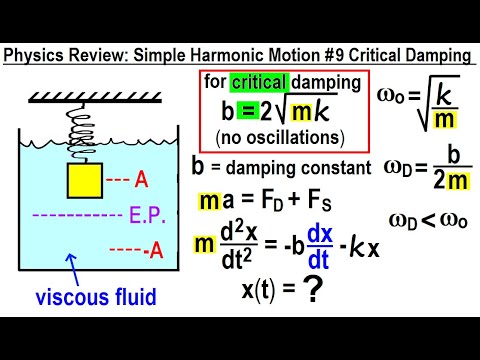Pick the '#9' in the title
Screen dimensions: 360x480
(x=326, y=53)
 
